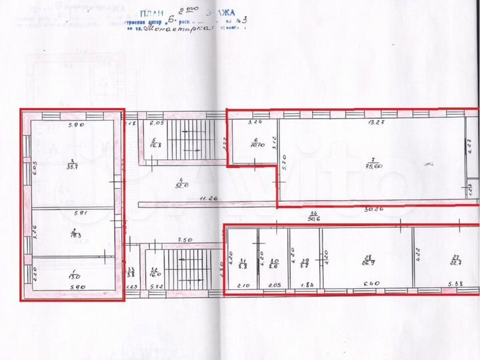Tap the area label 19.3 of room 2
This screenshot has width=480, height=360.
point(76,235)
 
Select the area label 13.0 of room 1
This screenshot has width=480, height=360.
point(75,276)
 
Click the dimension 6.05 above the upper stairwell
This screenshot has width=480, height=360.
point(157,123)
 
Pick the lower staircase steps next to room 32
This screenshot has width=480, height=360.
point(190,267)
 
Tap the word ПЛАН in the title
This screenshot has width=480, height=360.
point(154,13)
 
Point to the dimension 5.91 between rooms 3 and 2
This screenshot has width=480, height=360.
point(79,213)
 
